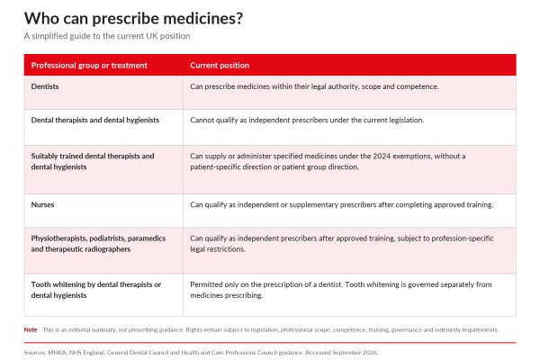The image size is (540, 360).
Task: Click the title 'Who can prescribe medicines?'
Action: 133,19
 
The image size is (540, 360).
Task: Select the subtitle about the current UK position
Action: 107,36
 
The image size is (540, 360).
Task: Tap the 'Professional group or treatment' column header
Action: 89,66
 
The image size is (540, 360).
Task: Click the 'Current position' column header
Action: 220,66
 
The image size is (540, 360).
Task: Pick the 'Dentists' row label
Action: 45,86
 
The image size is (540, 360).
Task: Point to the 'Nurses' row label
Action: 42,204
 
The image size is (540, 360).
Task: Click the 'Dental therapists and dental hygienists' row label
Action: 95,121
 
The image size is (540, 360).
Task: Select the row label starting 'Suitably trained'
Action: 93,161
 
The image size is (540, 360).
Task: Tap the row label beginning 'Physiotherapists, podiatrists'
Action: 98,244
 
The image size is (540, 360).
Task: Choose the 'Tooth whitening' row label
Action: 96,290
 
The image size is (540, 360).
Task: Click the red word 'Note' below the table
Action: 31,329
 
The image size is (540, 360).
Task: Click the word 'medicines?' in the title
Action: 203,19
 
